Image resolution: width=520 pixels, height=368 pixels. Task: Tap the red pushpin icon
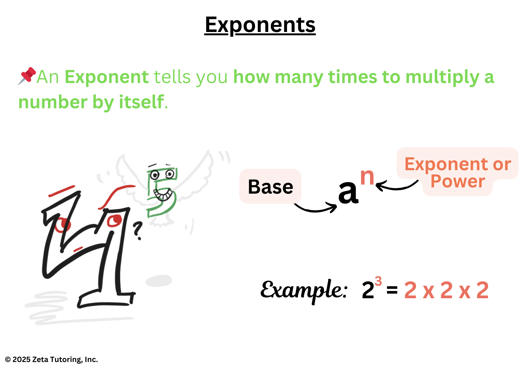[x=27, y=76]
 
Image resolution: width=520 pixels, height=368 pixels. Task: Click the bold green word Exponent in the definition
[x=107, y=77]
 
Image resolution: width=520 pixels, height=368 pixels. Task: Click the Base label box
[x=270, y=186]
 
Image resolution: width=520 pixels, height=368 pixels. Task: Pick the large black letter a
[x=348, y=192]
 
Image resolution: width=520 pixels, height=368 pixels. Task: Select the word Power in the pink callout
[x=458, y=181]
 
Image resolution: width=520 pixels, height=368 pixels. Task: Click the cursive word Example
[x=304, y=290]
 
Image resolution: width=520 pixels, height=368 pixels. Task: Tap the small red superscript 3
[x=378, y=281]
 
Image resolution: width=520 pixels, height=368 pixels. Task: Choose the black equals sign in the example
[x=392, y=290]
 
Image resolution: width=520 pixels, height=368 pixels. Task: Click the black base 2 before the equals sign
[x=368, y=290]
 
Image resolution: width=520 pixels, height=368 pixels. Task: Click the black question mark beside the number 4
[x=138, y=231]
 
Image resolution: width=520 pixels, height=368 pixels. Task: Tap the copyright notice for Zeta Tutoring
[x=51, y=359]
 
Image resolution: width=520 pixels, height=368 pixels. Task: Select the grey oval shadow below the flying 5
[x=159, y=281]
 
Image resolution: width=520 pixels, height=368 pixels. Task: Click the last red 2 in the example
[x=483, y=290]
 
